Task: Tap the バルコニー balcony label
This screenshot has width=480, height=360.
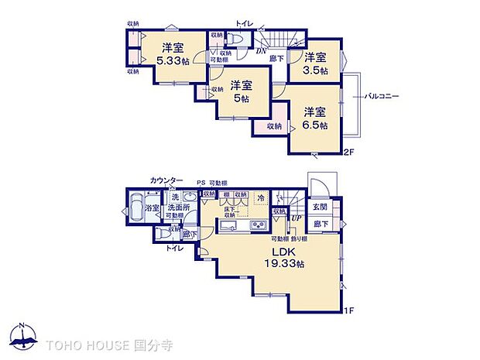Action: tap(382, 96)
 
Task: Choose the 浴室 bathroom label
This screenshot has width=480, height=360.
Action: tap(151, 208)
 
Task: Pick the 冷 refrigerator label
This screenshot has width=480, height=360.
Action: tap(261, 198)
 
